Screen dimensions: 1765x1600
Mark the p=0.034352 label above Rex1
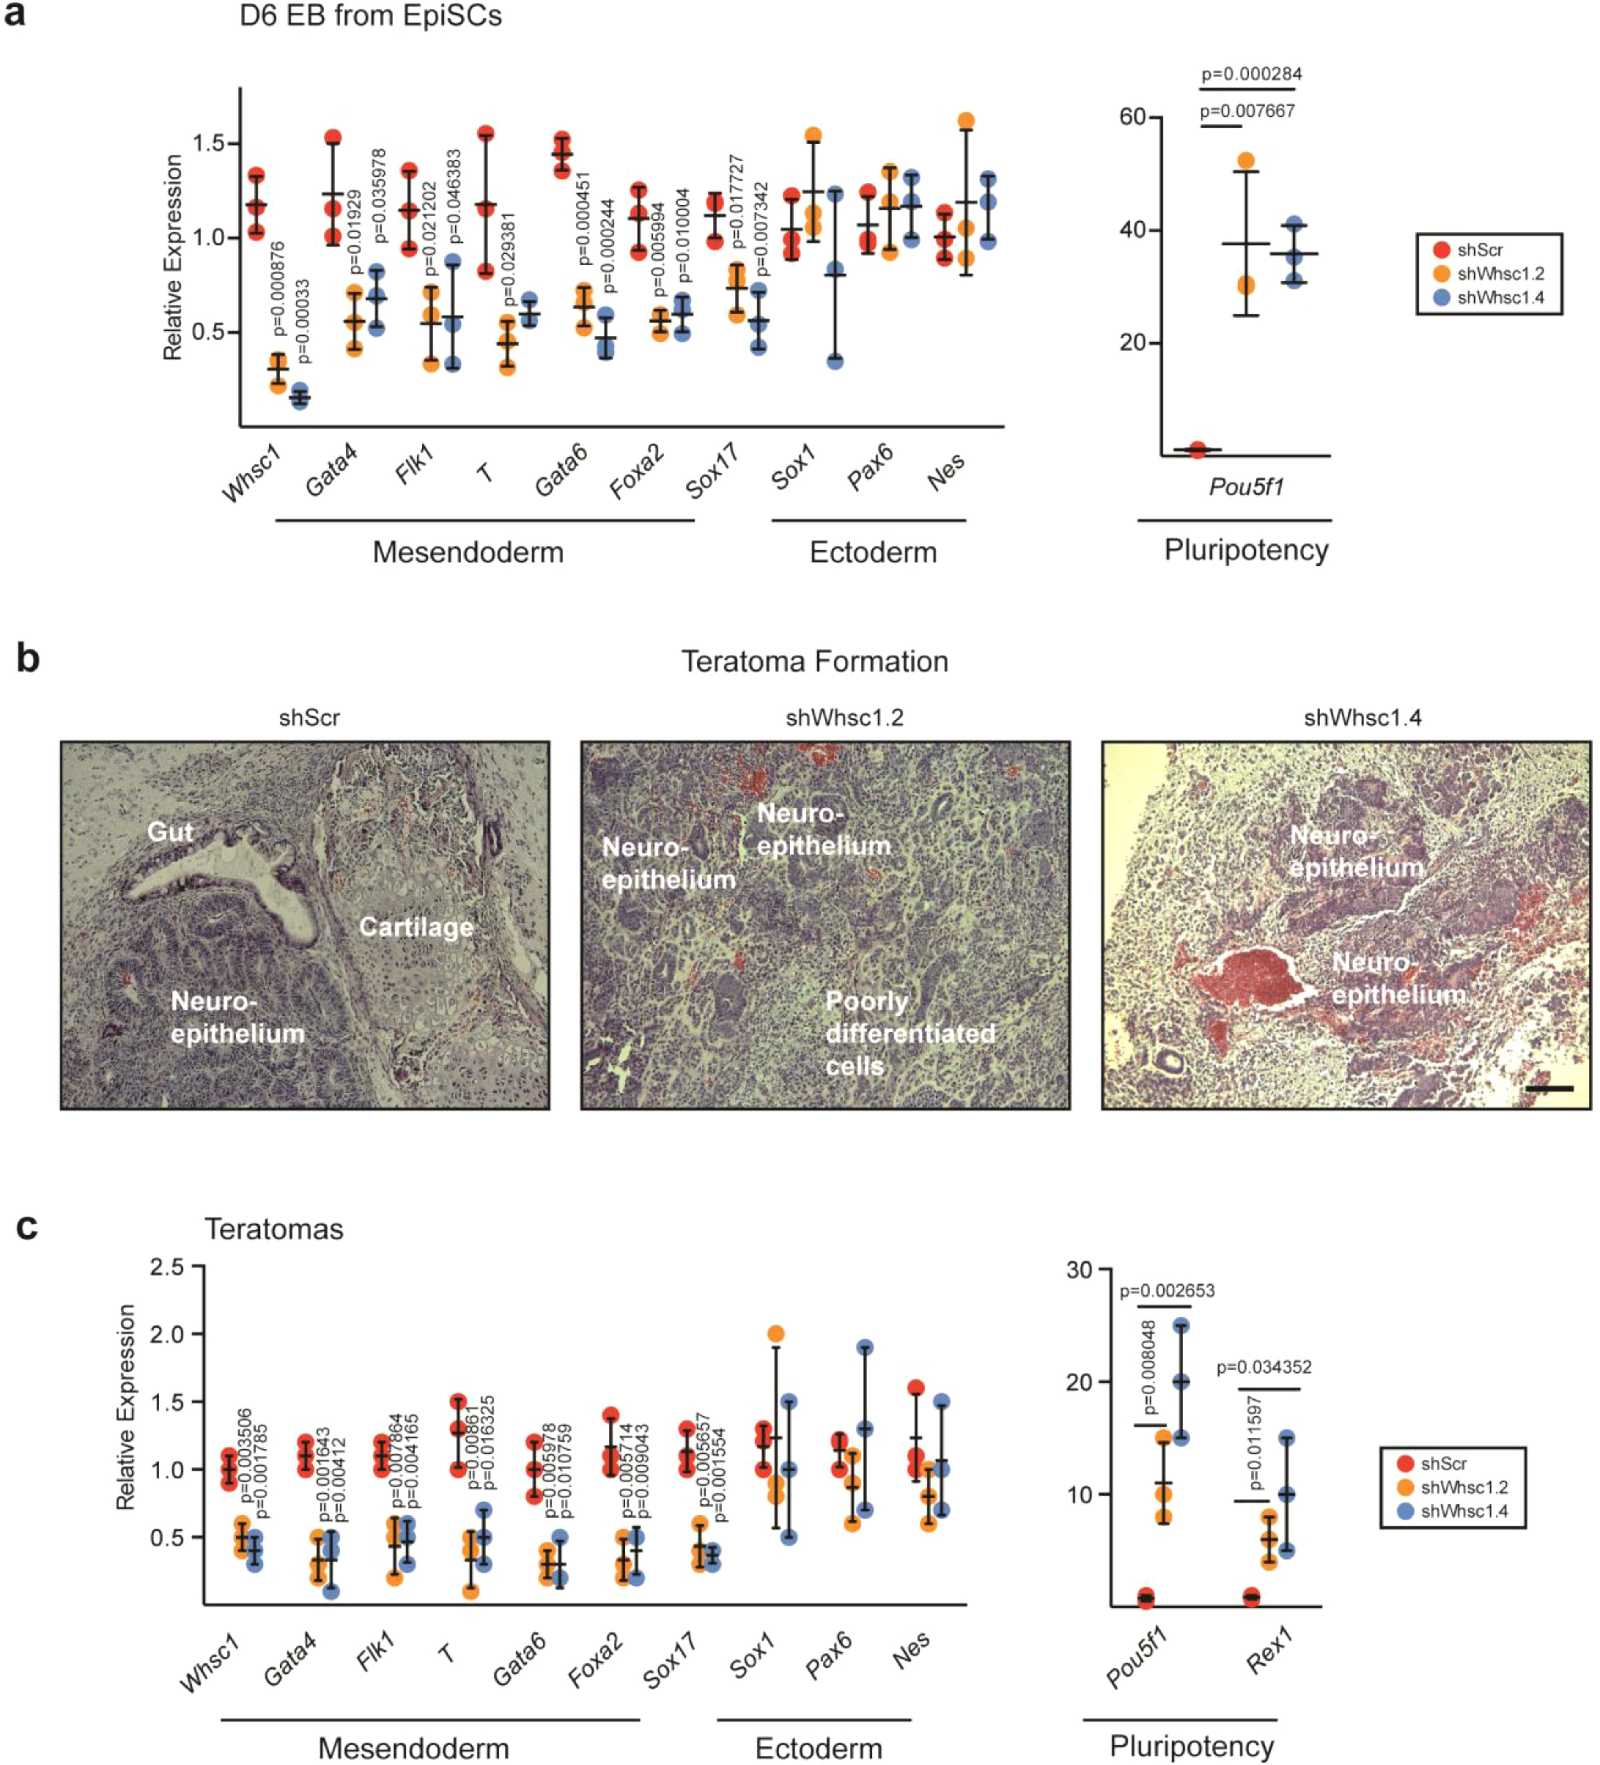pos(1264,1367)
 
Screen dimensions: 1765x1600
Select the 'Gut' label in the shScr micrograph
pos(170,832)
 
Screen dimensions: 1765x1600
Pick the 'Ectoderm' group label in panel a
pos(873,552)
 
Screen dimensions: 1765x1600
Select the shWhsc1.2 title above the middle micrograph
pos(844,718)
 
